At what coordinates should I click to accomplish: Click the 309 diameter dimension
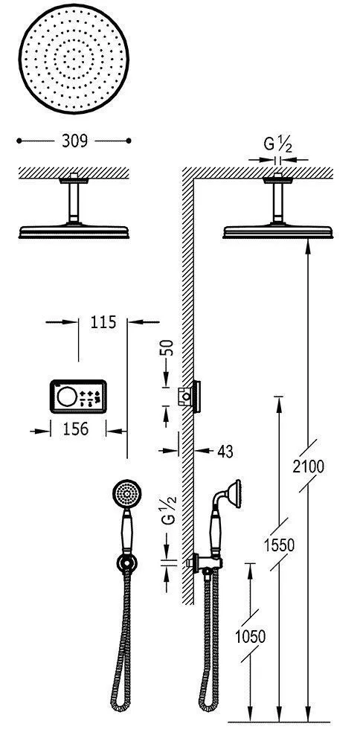(x=74, y=141)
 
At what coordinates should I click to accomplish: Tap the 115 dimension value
(x=103, y=322)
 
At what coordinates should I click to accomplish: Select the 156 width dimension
(x=76, y=429)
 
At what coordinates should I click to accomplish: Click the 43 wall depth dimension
(x=225, y=452)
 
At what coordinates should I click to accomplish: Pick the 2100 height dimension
(x=308, y=467)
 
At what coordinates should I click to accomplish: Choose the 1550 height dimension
(x=279, y=545)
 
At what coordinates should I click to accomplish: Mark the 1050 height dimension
(x=250, y=636)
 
